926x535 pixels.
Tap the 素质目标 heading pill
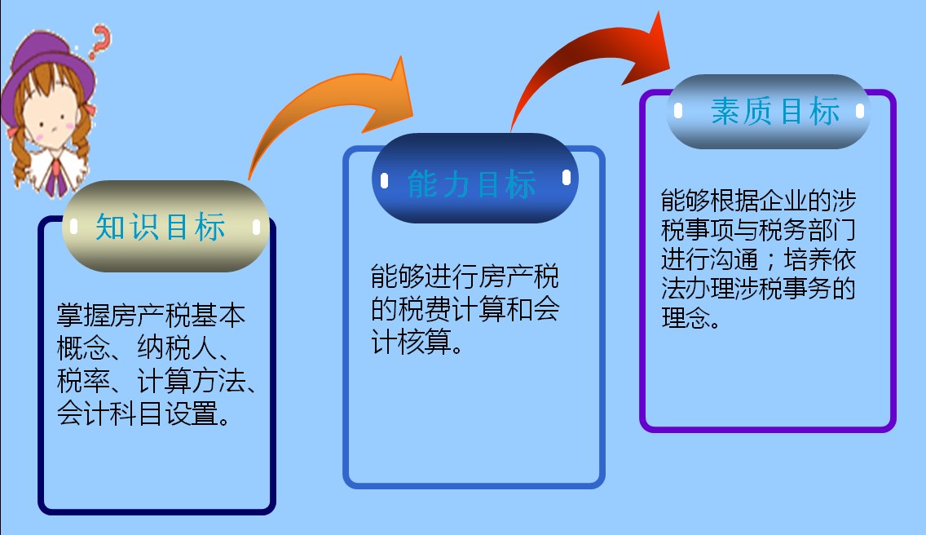(769, 112)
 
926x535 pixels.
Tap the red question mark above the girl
(102, 38)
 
